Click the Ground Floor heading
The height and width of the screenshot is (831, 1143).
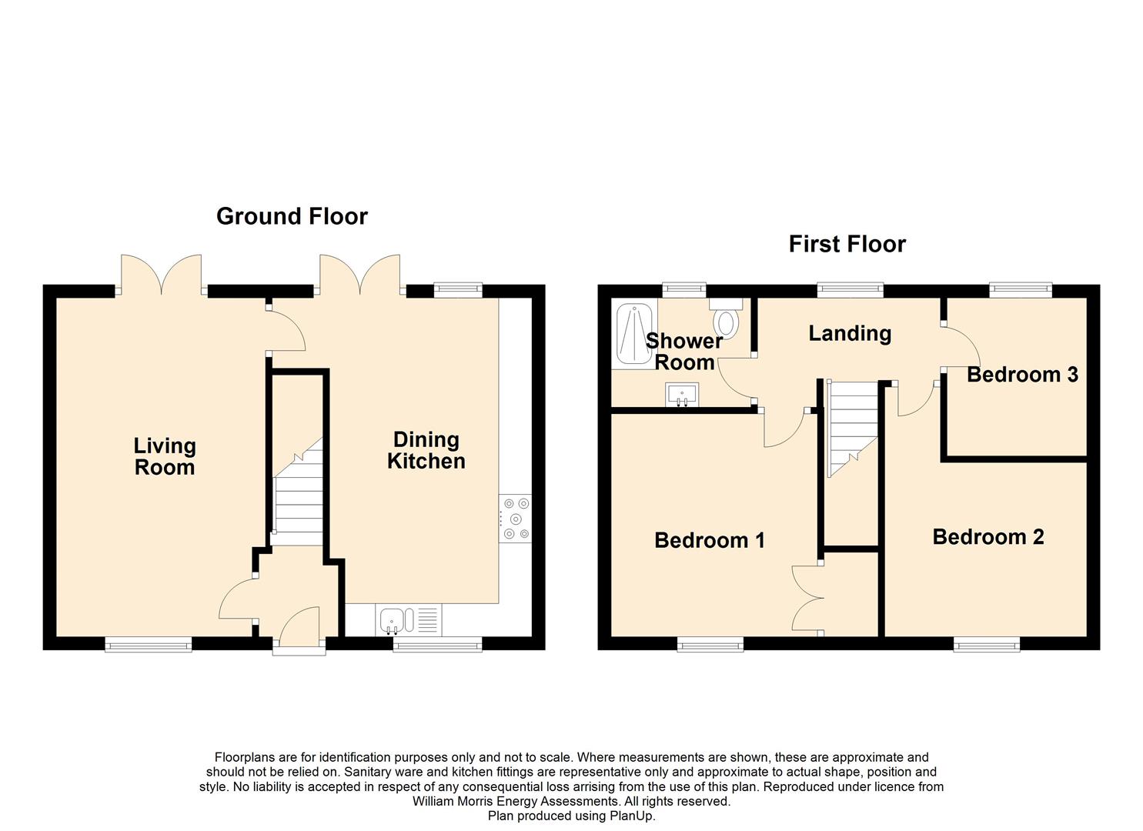[x=292, y=216]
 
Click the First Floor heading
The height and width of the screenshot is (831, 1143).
[x=847, y=244]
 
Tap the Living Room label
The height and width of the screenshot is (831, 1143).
[x=165, y=456]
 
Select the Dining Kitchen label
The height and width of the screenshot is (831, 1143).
[x=426, y=450]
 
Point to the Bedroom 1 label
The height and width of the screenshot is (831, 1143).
[x=710, y=540]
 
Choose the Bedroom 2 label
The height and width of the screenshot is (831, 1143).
[x=988, y=536]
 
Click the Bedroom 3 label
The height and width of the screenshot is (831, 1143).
[x=1023, y=375]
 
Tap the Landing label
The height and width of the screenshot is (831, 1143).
[x=850, y=334]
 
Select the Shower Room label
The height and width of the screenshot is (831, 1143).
[x=684, y=352]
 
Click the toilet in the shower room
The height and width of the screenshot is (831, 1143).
[x=726, y=319]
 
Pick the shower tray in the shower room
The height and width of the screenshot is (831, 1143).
[x=635, y=334]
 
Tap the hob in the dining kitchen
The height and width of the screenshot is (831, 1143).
[x=516, y=519]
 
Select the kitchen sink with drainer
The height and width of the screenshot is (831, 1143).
[x=409, y=620]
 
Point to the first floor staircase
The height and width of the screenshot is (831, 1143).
[x=852, y=429]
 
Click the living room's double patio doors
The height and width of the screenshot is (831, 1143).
[x=161, y=275]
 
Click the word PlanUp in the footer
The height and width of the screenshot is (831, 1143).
[x=632, y=816]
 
